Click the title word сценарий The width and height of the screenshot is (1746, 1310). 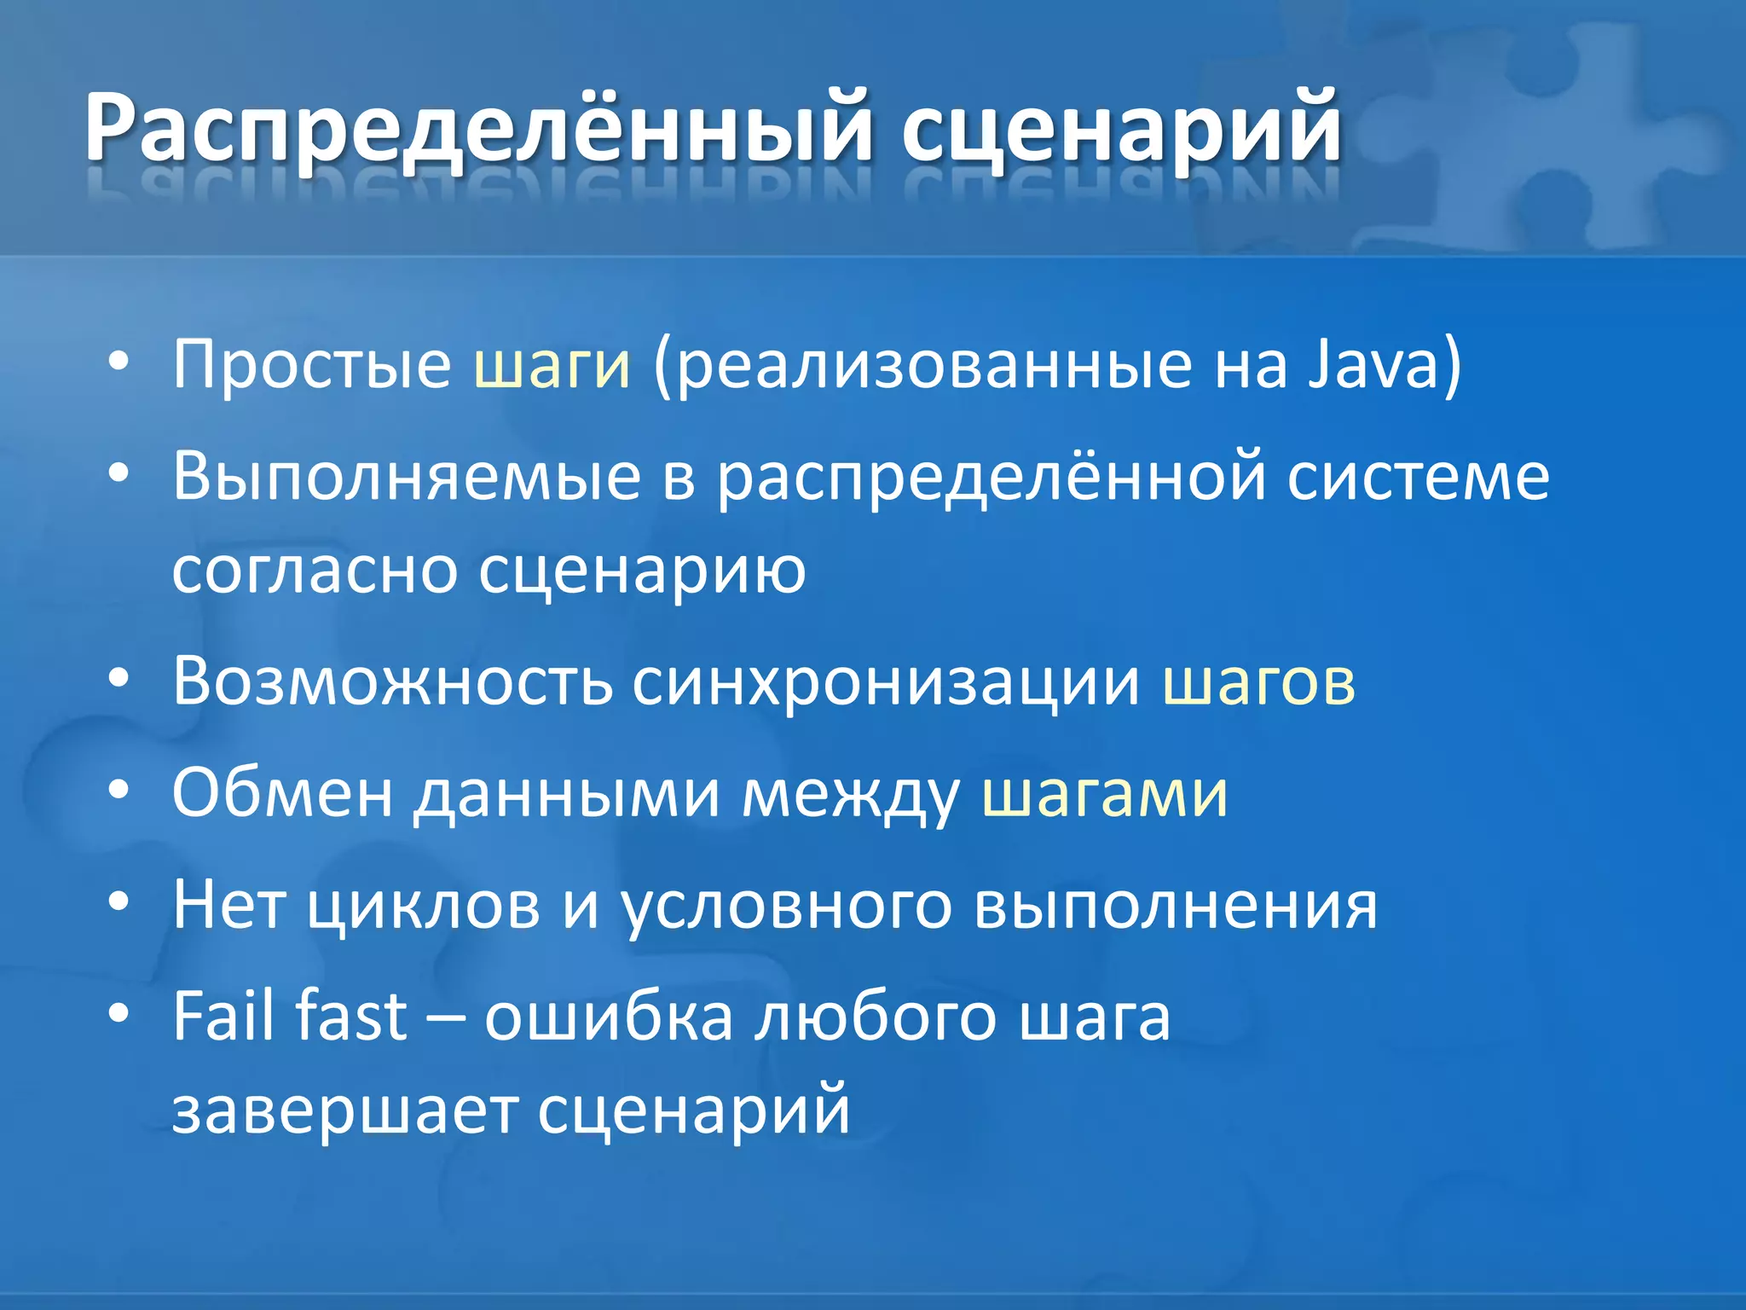click(1121, 128)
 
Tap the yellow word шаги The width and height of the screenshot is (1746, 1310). click(552, 365)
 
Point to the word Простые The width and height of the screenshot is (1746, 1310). click(312, 365)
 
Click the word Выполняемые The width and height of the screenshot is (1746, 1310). click(407, 476)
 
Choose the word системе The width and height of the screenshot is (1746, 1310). click(1418, 476)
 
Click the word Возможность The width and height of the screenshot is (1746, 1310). click(392, 681)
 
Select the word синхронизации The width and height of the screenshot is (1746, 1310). click(886, 681)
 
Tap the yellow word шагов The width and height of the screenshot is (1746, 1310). click(1258, 681)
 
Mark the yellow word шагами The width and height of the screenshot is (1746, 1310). click(1105, 793)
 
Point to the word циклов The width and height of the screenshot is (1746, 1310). click(424, 905)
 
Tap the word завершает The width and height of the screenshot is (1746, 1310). click(344, 1110)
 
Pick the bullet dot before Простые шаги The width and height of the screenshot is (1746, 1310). click(119, 362)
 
